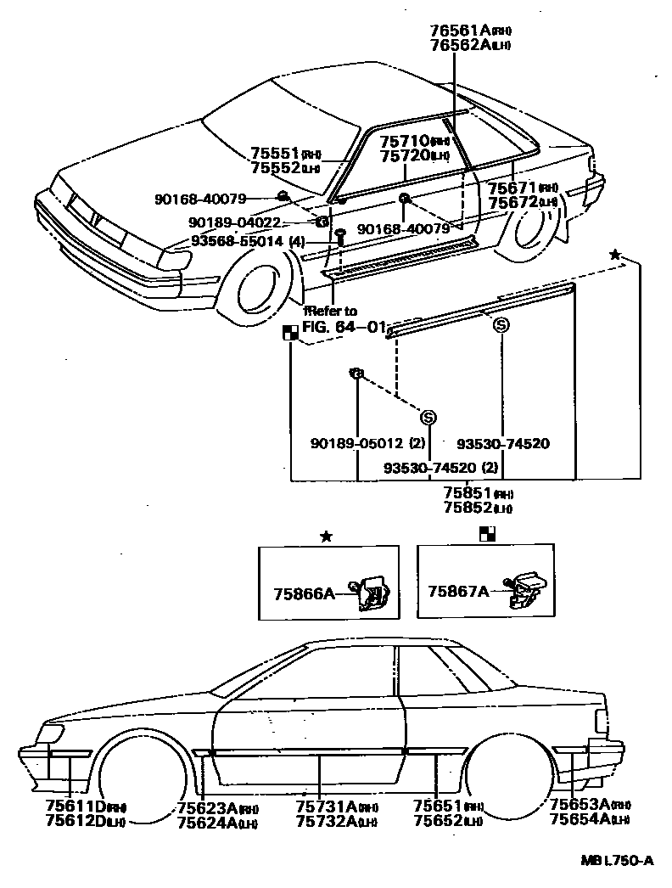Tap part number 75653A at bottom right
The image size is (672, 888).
tap(580, 805)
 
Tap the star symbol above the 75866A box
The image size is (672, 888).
tap(326, 536)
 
